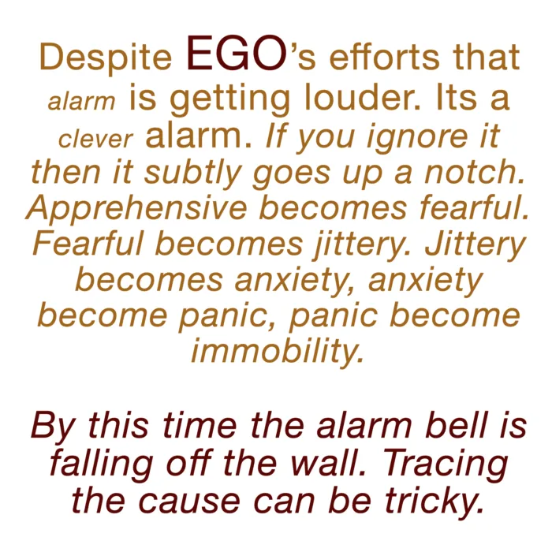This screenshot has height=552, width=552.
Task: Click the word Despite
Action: pyautogui.click(x=105, y=58)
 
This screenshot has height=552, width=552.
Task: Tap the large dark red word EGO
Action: pyautogui.click(x=237, y=53)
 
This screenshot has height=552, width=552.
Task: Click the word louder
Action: pyautogui.click(x=362, y=97)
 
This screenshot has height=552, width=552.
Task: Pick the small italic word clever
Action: pyautogui.click(x=95, y=139)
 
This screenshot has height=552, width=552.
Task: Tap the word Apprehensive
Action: pyautogui.click(x=136, y=209)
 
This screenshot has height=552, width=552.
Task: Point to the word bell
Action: pyautogui.click(x=450, y=425)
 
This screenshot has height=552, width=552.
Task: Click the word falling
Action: pyautogui.click(x=102, y=464)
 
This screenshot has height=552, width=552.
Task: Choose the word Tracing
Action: pyautogui.click(x=445, y=464)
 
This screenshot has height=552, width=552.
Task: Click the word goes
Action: pyautogui.click(x=292, y=175)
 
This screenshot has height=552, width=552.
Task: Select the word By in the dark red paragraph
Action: pyautogui.click(x=53, y=427)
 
